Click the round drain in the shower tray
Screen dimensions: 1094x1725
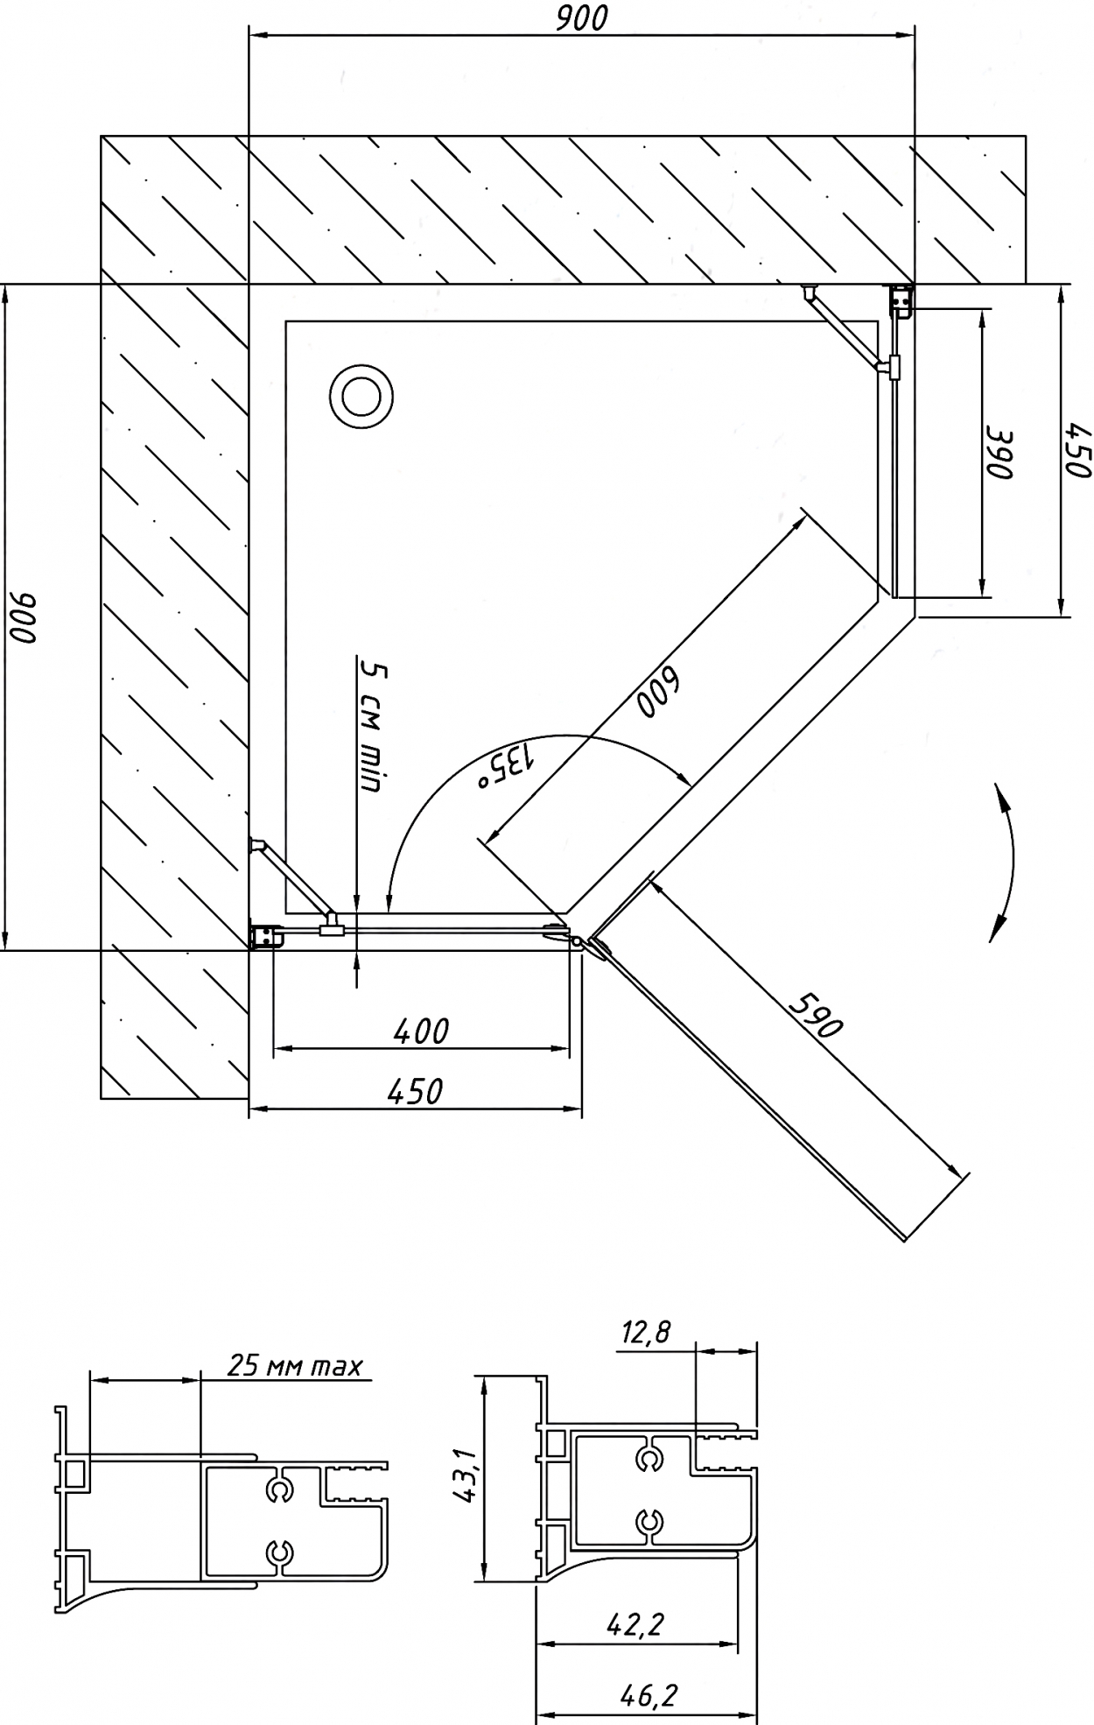click(x=361, y=397)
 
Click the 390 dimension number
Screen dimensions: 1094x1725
click(x=999, y=454)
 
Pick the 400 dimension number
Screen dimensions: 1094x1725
click(x=421, y=1031)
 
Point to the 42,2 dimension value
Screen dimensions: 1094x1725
click(x=635, y=1625)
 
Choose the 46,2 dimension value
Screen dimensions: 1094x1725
click(x=649, y=1696)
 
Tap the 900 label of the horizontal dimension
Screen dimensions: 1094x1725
click(x=581, y=18)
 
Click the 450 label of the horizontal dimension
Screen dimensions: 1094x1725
click(x=415, y=1091)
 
